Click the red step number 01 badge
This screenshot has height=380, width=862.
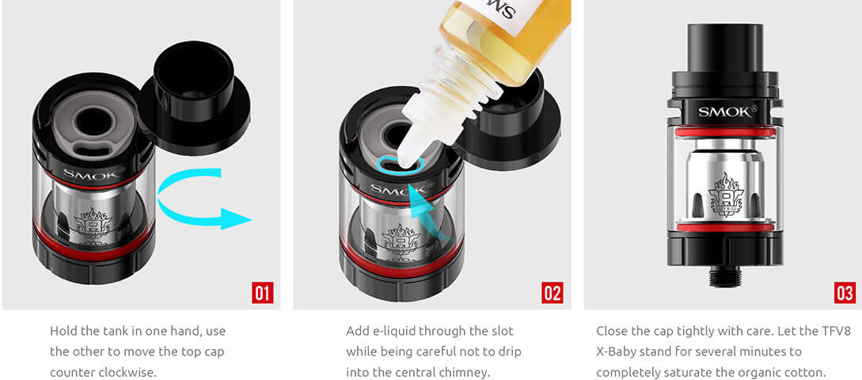click(263, 293)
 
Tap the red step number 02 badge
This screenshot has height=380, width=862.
click(552, 293)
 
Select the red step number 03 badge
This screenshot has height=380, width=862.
click(845, 293)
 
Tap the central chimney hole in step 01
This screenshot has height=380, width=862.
click(93, 120)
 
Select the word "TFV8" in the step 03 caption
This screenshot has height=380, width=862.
click(836, 331)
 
